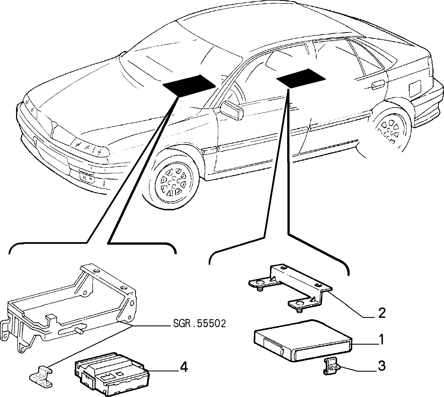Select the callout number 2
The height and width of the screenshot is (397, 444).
coord(381,313)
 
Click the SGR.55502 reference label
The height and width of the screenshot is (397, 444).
coord(199,324)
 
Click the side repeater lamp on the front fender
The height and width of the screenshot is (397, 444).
coord(209,150)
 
